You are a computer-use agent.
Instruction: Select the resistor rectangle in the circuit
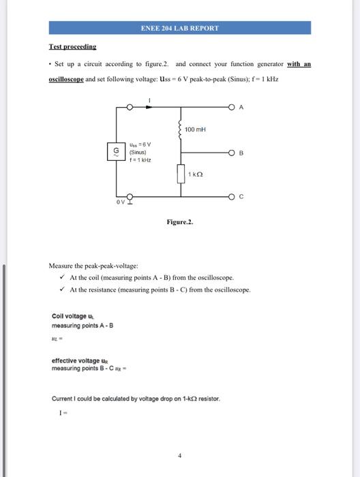point(181,174)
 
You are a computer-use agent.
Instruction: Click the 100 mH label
point(196,129)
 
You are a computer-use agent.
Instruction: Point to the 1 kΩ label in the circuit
point(196,175)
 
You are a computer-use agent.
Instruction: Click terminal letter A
point(242,106)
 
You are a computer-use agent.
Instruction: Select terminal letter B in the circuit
point(242,153)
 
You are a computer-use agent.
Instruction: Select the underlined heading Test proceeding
point(72,46)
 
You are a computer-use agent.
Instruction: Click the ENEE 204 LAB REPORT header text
point(180,28)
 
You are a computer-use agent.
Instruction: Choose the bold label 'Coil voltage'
point(69,316)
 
